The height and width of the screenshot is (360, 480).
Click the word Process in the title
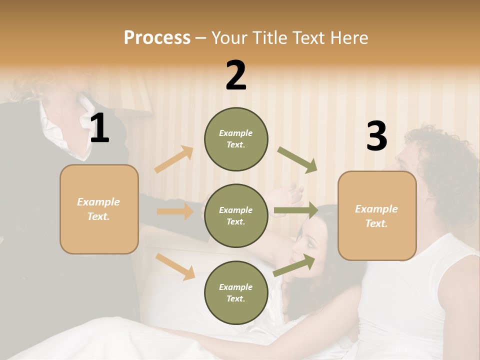tap(157, 37)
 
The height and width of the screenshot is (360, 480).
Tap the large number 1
tap(100, 129)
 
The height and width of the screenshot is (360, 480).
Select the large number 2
tap(236, 75)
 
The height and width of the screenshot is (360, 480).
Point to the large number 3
tap(376, 136)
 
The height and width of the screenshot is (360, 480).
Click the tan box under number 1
tap(99, 209)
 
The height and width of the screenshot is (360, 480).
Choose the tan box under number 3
tap(377, 216)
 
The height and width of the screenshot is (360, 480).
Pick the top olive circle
tap(236, 139)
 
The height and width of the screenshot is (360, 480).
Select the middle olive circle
tap(236, 216)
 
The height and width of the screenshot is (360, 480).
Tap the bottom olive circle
tap(236, 293)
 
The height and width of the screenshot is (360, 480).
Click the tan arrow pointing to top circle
tap(174, 159)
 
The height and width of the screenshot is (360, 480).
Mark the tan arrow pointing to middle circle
tap(175, 211)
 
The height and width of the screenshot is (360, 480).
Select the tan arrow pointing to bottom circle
tap(175, 266)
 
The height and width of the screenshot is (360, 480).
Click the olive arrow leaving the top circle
tap(297, 160)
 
